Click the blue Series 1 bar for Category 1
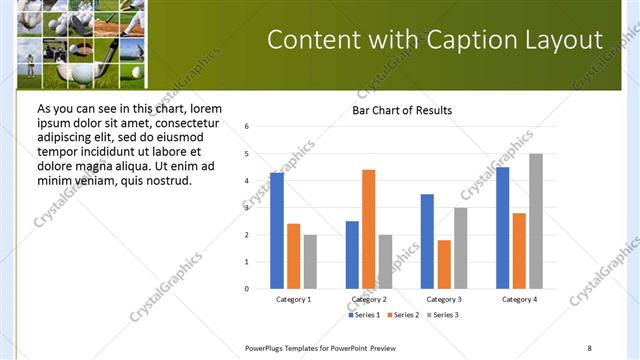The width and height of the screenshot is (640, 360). [277, 231]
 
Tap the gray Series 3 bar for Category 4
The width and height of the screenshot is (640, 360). [536, 221]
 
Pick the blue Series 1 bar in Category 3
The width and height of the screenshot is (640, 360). [427, 241]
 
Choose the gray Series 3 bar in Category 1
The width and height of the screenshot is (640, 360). [310, 262]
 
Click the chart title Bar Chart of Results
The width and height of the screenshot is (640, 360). [402, 110]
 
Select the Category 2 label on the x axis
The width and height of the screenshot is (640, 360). [369, 299]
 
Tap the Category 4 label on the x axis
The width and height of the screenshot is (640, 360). [519, 299]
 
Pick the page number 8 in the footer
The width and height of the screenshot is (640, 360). [589, 347]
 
